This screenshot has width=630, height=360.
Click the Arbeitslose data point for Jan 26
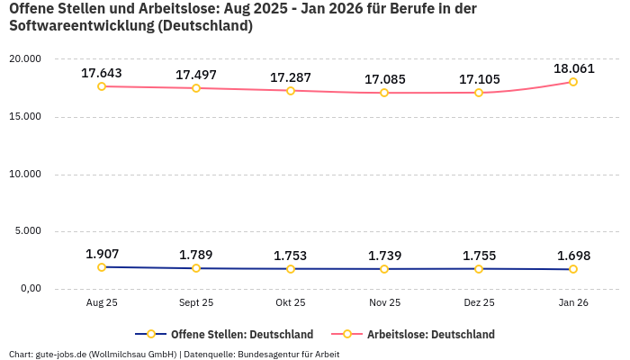[573, 82]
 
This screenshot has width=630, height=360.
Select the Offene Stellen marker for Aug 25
[102, 267]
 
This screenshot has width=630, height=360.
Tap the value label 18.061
[573, 68]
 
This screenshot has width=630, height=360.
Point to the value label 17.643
[102, 73]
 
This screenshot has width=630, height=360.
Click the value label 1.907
[102, 254]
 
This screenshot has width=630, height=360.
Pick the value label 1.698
[573, 256]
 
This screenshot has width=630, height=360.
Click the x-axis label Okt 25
[290, 303]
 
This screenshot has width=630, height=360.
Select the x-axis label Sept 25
[196, 303]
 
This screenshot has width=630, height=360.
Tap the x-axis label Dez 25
[479, 303]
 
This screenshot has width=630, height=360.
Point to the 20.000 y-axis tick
[25, 58]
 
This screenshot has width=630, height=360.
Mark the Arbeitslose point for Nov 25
[384, 93]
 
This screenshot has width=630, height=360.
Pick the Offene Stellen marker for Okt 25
[290, 269]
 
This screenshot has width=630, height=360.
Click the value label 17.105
[479, 79]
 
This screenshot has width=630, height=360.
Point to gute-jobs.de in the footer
[61, 354]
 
